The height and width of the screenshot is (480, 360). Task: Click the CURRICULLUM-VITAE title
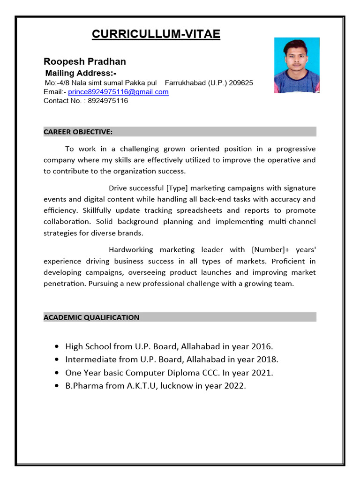pyautogui.click(x=156, y=34)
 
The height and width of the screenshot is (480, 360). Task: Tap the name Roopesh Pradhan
pyautogui.click(x=85, y=61)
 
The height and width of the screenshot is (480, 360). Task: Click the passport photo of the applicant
pyautogui.click(x=297, y=66)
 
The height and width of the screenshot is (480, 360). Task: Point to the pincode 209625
pyautogui.click(x=241, y=83)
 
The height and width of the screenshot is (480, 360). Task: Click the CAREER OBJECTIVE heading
pyautogui.click(x=78, y=132)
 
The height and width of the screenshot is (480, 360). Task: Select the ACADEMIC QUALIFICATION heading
pyautogui.click(x=91, y=317)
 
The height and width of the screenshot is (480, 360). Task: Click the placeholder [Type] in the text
pyautogui.click(x=177, y=188)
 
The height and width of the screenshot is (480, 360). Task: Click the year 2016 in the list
pyautogui.click(x=261, y=346)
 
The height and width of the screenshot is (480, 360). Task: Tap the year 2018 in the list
pyautogui.click(x=267, y=360)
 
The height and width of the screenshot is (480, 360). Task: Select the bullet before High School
pyautogui.click(x=57, y=347)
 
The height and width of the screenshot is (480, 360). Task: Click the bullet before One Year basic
pyautogui.click(x=57, y=373)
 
